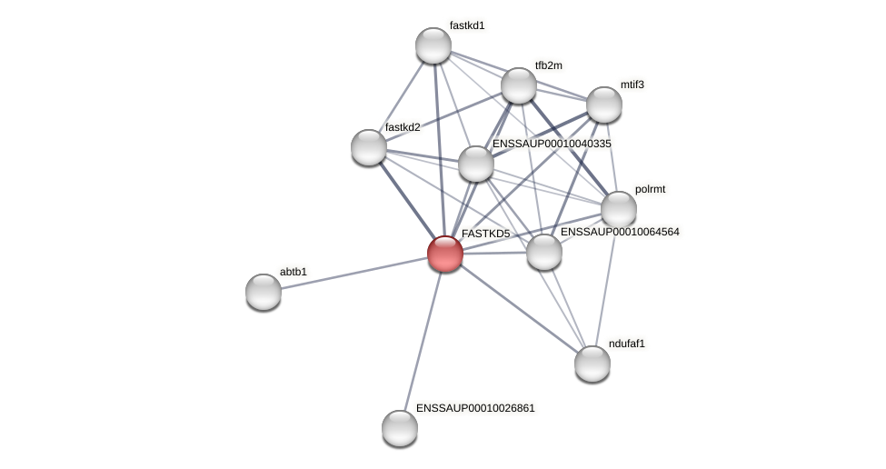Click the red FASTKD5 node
tap(445, 254)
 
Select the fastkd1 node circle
tap(433, 45)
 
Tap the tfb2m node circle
tap(519, 85)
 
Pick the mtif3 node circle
tap(604, 105)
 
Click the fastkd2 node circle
tap(369, 147)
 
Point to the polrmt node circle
tap(619, 209)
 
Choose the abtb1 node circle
tap(264, 292)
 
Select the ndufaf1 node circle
tap(592, 364)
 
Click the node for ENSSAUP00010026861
tap(400, 428)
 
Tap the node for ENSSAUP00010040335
tap(476, 164)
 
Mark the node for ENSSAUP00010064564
tap(544, 252)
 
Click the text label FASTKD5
tap(485, 234)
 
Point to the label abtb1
tap(294, 272)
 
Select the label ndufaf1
tap(626, 344)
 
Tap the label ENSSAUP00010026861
tap(475, 408)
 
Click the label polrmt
tap(650, 189)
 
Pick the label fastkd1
tap(467, 25)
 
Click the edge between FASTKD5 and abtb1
tap(354, 273)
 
